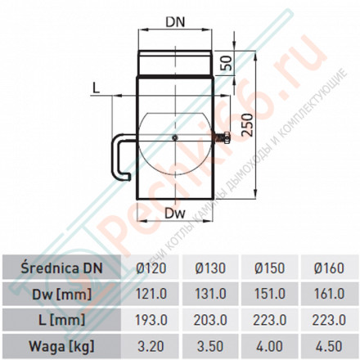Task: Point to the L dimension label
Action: (x=97, y=87)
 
